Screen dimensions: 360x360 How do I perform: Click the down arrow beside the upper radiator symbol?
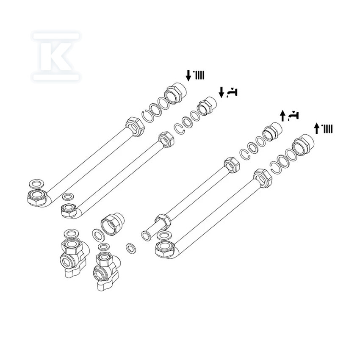point(188,76)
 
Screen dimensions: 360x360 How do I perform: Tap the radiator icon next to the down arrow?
point(199,75)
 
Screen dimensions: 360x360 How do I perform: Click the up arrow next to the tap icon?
point(282,116)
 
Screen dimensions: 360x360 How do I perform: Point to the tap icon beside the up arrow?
point(293,116)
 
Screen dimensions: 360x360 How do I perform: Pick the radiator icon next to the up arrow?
point(327,129)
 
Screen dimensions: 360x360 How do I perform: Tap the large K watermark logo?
point(56,56)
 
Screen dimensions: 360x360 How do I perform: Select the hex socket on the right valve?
point(99,274)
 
